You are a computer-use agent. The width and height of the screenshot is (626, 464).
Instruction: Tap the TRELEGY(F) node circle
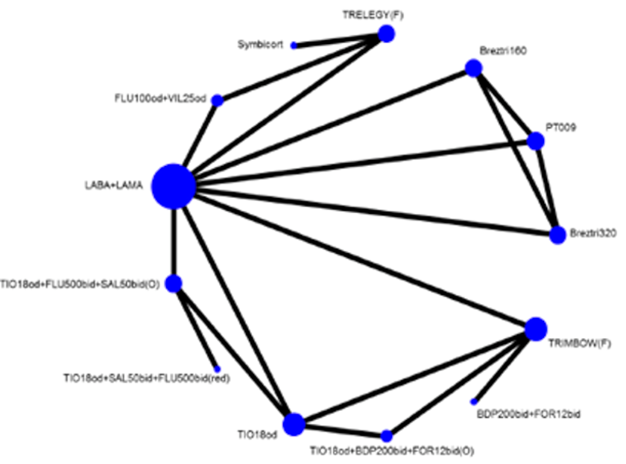(386, 34)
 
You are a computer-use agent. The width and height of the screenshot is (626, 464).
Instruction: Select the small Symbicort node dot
(294, 45)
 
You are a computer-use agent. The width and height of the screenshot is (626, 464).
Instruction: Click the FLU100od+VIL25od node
(218, 101)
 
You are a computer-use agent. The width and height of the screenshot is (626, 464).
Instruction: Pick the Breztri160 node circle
(473, 69)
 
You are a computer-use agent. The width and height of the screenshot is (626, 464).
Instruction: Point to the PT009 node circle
(536, 141)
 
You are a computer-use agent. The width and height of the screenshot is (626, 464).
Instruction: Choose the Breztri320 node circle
(557, 235)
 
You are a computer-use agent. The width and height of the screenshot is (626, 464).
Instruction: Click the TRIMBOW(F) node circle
(536, 328)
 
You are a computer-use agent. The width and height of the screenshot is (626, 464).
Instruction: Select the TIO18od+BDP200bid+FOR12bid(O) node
(386, 436)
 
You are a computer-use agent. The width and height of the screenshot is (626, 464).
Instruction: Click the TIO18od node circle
(294, 424)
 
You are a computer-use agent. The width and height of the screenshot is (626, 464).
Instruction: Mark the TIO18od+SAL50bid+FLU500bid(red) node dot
(218, 369)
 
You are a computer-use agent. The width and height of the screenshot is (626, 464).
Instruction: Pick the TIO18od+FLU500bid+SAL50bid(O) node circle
(174, 284)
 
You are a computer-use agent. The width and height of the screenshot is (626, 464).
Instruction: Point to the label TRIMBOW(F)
(581, 344)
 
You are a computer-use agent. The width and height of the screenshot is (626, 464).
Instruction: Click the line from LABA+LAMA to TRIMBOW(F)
(358, 258)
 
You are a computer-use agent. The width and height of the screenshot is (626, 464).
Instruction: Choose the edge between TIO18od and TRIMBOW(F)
(414, 376)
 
